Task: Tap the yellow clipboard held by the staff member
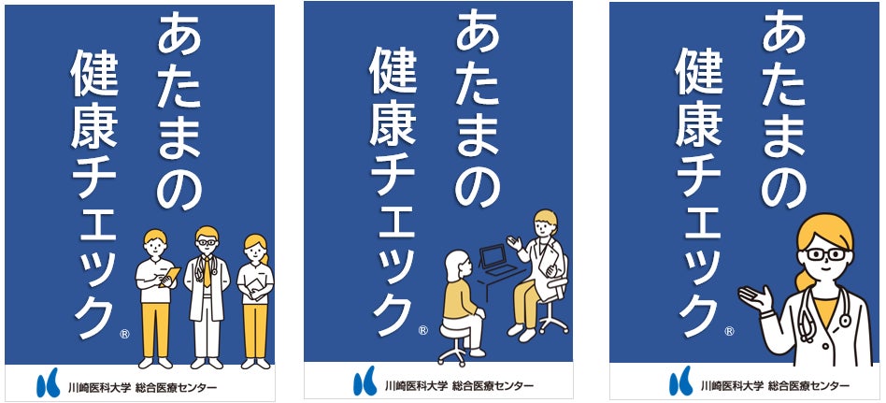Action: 167,279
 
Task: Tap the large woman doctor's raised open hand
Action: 756,298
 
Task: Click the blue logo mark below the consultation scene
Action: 364,383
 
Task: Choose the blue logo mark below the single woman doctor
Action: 679,383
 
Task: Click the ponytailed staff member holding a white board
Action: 255,294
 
